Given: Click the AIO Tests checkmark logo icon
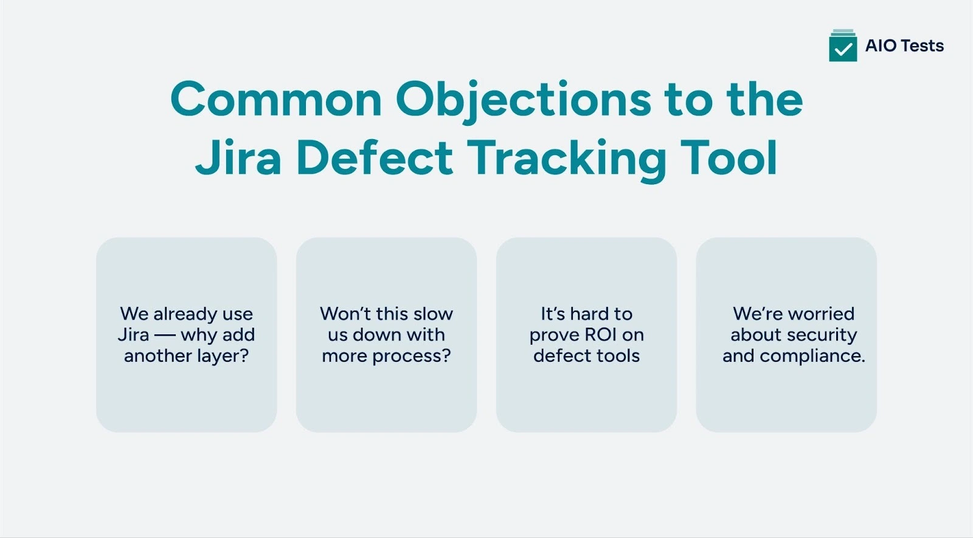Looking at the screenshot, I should [x=843, y=46].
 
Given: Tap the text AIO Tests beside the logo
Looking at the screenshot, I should [x=904, y=46].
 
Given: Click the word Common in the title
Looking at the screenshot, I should [x=275, y=99].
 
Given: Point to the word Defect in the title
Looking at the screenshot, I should [x=375, y=157].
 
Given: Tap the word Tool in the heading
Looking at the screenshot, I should [x=729, y=157].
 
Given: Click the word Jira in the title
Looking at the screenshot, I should [x=238, y=157].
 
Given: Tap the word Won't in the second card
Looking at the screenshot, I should [x=345, y=314].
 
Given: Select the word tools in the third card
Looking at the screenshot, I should [x=618, y=356].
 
